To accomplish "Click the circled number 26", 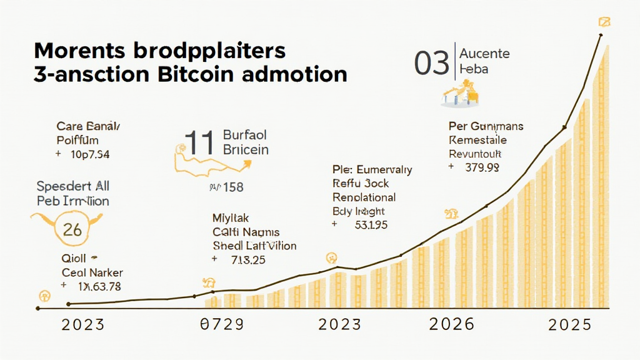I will click(72, 229).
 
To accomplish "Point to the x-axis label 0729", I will click(220, 324).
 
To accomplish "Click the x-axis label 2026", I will click(452, 324).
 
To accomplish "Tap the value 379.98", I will click(482, 167).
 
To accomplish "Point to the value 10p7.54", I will click(91, 154).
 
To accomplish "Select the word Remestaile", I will click(478, 140).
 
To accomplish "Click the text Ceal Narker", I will click(92, 272).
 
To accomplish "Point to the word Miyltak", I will click(231, 218).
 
